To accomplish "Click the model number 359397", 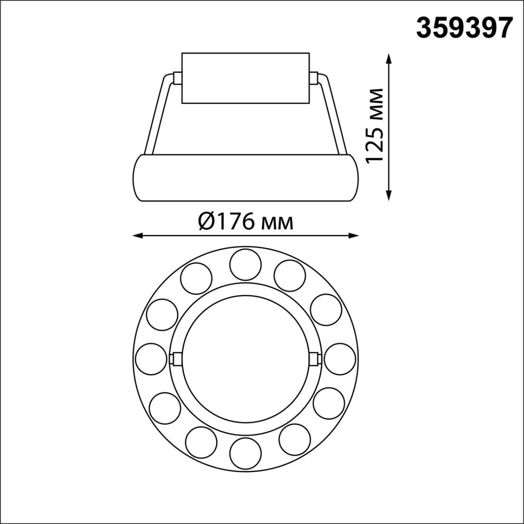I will click(x=464, y=28).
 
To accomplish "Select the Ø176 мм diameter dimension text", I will click(x=246, y=222).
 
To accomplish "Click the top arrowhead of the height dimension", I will click(x=389, y=58).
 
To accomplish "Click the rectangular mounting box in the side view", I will click(x=246, y=78).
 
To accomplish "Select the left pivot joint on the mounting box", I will click(x=177, y=78).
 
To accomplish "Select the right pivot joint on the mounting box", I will click(x=314, y=78).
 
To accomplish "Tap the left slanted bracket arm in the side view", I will click(x=158, y=115).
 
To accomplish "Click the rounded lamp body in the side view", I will click(x=246, y=178).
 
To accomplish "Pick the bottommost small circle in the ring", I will click(x=246, y=453).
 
